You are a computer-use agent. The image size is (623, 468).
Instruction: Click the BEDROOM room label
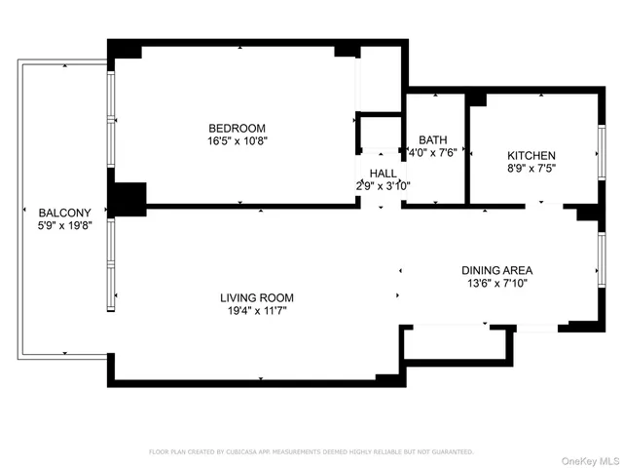[x=237, y=128]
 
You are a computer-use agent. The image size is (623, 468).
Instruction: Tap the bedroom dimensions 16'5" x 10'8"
[x=237, y=140]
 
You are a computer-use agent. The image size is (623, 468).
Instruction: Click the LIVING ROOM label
[x=256, y=297]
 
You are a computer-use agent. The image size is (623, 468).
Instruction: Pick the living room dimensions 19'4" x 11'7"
[x=256, y=310]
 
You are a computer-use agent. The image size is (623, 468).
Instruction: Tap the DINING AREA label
[x=496, y=270]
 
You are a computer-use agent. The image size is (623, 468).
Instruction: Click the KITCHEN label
[x=531, y=156]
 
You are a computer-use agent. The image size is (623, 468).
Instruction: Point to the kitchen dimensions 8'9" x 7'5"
[x=531, y=169]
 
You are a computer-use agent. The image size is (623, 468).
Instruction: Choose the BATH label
[x=432, y=139]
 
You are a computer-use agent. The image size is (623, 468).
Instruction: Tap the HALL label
[x=383, y=173]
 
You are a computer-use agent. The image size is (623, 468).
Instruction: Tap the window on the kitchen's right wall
[x=601, y=152]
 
